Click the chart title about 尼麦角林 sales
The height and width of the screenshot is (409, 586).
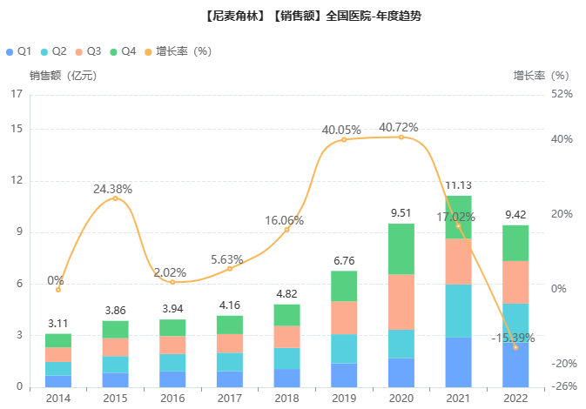point(293,16)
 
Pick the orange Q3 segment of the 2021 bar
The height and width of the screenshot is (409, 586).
point(458,261)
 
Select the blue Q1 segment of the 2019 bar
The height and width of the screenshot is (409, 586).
point(344,375)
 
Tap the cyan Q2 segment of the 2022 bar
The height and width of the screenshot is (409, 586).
point(515,323)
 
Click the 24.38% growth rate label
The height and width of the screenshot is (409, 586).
point(113,189)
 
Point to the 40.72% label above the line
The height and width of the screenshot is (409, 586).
point(399,127)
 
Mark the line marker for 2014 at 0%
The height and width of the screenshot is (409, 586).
point(58,290)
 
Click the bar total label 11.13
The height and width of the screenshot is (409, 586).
point(458,185)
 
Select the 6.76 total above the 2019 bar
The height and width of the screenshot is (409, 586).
point(344,260)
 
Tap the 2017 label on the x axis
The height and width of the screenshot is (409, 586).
point(230,398)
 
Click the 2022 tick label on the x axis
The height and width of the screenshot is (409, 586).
point(515,398)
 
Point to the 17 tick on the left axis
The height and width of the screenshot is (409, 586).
point(17,94)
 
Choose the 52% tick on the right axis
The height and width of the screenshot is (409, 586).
point(562,94)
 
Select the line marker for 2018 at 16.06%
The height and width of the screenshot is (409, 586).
point(286,230)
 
